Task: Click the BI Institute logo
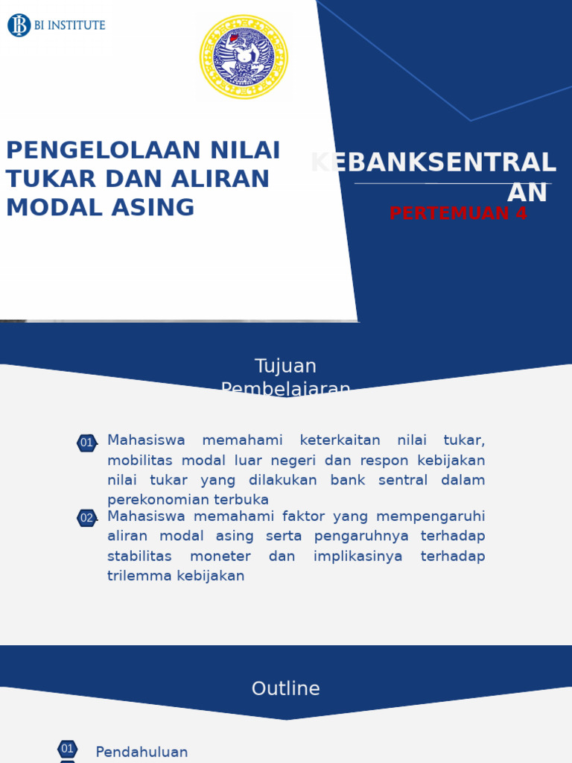coord(57,25)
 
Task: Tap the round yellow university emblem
coord(244,57)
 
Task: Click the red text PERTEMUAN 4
coord(458,213)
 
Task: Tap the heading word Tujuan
coord(285,366)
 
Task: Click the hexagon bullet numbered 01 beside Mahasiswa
coord(87,443)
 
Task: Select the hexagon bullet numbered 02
coord(87,518)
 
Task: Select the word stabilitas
coord(139,556)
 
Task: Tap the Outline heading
coord(285,688)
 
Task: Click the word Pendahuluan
coord(142,753)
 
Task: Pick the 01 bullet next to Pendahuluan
coord(68,749)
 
